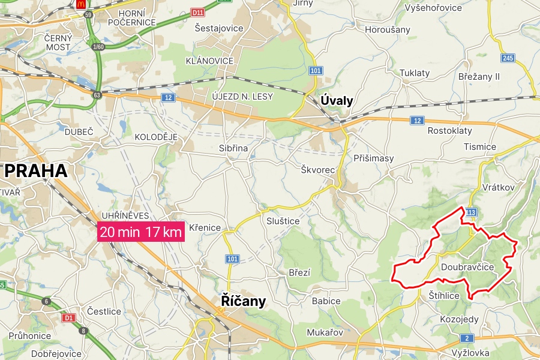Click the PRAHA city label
[x=36, y=171]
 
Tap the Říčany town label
[x=244, y=301]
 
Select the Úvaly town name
[x=337, y=101]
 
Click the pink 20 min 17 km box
[x=141, y=232]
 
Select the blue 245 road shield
[x=508, y=58]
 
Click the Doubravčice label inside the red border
[x=467, y=266]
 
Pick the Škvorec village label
[x=318, y=170]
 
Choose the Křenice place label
[x=205, y=228]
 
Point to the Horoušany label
[x=388, y=29]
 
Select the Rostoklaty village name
[x=449, y=131]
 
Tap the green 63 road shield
[x=97, y=95]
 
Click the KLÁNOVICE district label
[x=209, y=61]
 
